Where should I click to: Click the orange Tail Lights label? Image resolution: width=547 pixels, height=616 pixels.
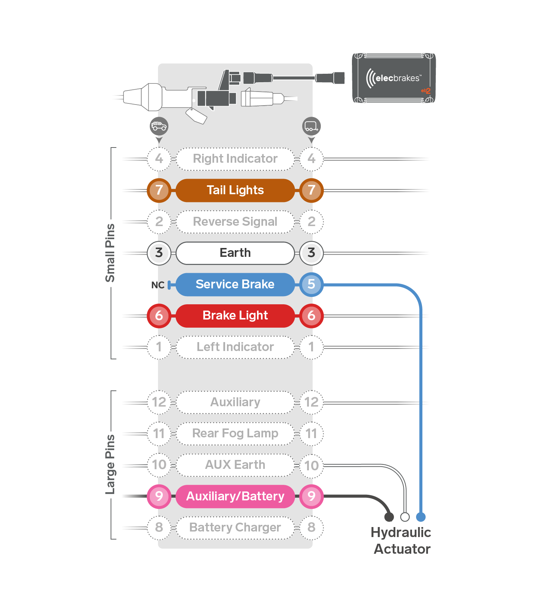pos(235,191)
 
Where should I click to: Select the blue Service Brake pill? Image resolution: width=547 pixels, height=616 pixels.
pos(235,285)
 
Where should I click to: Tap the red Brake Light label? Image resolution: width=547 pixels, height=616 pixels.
pos(235,316)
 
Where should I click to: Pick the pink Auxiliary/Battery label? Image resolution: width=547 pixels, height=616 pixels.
pos(235,496)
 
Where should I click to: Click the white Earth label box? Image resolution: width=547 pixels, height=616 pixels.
pos(235,253)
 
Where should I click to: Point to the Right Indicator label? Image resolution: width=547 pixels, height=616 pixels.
pos(235,159)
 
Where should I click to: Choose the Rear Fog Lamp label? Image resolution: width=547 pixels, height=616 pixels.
pos(235,434)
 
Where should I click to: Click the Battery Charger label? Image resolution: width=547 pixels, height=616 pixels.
pos(235,528)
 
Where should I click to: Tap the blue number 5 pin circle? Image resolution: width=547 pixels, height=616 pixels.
pos(312,285)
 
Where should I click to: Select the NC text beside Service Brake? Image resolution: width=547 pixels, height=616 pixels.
pos(158,285)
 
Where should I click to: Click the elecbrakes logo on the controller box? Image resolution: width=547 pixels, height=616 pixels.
pos(393,78)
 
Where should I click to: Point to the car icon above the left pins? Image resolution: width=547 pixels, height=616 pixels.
pos(159,126)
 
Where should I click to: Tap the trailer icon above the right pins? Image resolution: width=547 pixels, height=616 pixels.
pos(312,126)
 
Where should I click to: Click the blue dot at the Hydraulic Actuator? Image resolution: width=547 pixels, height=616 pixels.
pos(421,517)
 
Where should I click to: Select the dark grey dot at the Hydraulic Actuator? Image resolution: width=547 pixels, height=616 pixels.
pos(389,517)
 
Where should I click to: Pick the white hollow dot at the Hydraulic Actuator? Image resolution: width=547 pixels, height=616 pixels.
pos(405,517)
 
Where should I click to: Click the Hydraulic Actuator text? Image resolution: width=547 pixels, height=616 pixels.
pos(401,541)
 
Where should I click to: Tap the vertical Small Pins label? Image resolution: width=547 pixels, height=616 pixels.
pos(110,253)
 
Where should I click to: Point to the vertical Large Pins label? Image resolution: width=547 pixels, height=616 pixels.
pos(110,465)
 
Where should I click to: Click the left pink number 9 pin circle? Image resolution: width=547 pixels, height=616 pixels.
pos(159,496)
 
